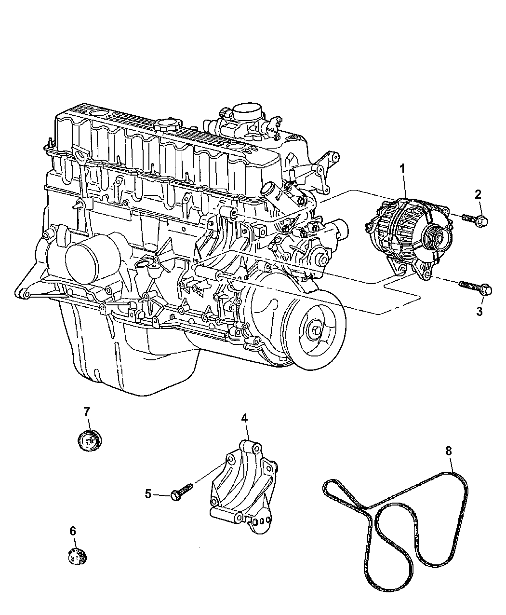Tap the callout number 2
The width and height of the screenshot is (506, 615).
coord(478,195)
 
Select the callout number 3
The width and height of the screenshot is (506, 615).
coord(479,312)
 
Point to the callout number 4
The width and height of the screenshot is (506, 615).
coord(244,418)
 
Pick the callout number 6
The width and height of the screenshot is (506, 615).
coord(73,531)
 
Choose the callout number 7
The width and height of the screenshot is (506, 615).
coord(86,411)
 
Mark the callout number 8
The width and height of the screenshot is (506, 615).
coord(448,451)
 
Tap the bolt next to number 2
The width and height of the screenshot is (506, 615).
coord(475,219)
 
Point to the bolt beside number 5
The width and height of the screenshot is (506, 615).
coord(182,490)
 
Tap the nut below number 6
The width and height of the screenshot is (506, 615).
coord(76,557)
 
